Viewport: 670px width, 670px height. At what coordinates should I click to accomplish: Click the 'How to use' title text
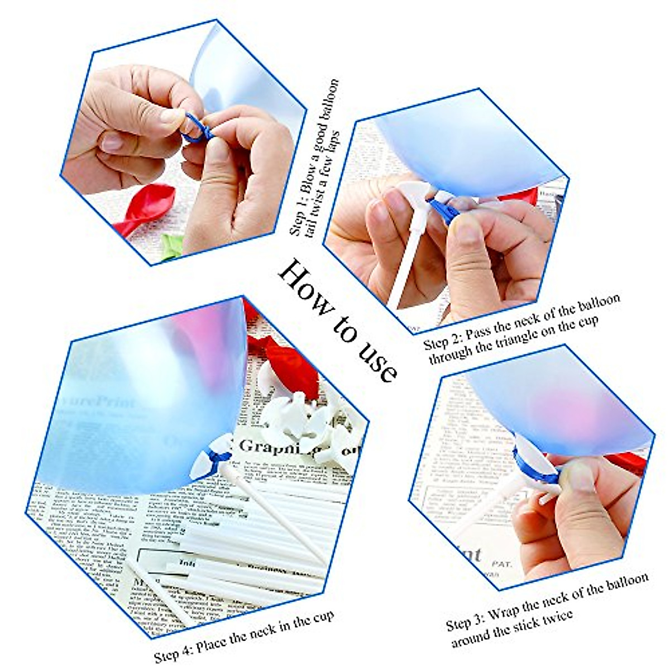click(x=338, y=319)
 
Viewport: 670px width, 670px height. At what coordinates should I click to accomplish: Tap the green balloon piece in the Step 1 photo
click(x=170, y=246)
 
